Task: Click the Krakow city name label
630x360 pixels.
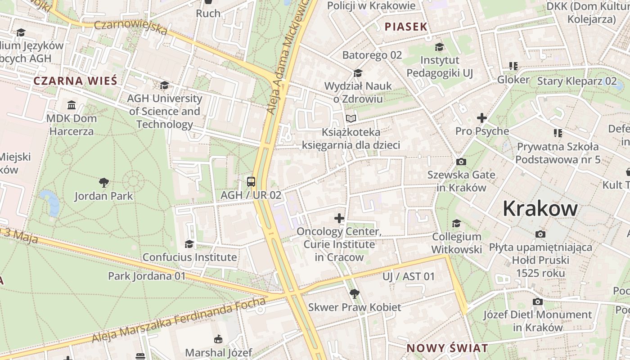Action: point(540,208)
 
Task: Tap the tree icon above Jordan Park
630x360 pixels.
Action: point(104,182)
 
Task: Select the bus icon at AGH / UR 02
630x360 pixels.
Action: point(251,182)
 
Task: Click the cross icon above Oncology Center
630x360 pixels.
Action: point(339,219)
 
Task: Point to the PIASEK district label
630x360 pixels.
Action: point(406,27)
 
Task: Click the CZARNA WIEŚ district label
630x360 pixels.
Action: point(75,81)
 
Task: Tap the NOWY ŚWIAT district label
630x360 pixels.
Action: point(447,348)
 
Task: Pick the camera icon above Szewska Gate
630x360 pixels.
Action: point(461,162)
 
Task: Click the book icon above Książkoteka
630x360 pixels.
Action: point(351,119)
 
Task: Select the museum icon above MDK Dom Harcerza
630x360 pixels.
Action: point(72,105)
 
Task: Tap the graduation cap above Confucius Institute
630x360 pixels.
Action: point(189,244)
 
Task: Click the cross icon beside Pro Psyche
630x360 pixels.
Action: point(482,118)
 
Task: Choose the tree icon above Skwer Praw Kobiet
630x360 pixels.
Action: point(355,294)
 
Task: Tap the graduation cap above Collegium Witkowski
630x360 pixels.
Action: point(457,223)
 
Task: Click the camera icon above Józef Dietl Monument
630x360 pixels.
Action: point(537,301)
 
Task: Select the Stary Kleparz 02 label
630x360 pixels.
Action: point(577,81)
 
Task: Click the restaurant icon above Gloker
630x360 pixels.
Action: point(513,66)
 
